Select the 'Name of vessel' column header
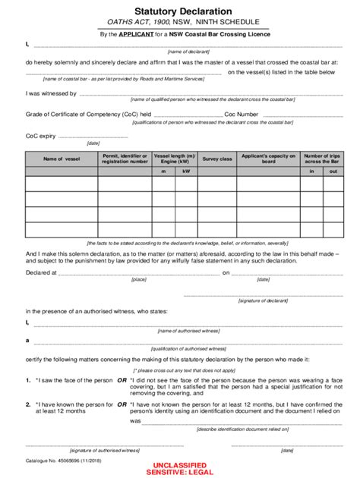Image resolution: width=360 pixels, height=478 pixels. click(62, 159)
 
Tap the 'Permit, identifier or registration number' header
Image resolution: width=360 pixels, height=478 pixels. click(125, 158)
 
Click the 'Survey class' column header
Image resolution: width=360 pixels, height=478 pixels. click(216, 159)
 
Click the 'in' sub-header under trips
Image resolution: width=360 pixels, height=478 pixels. click(311, 172)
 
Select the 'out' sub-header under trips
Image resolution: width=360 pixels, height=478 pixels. click(333, 172)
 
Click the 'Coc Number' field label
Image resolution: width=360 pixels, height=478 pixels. click(242, 114)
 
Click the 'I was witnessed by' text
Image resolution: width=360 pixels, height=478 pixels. click(51, 93)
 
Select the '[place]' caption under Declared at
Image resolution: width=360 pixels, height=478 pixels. click(139, 279)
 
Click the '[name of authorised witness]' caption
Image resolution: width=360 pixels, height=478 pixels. click(184, 331)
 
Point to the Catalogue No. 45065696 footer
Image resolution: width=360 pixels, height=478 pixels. click(65, 461)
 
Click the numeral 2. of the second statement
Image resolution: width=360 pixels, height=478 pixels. click(28, 405)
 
